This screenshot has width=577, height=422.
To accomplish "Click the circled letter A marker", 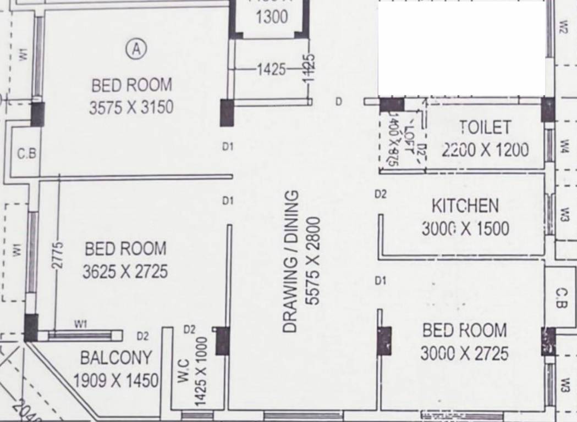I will (136, 49).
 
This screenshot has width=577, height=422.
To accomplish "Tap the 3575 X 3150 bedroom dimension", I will (131, 107).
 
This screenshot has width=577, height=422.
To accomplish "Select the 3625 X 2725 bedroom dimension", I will (125, 271).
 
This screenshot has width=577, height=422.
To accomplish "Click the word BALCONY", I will (116, 358).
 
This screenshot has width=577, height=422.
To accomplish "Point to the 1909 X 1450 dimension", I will (116, 380).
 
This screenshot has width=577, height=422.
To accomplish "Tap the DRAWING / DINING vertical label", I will (290, 262).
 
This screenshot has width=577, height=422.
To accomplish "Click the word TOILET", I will (485, 127).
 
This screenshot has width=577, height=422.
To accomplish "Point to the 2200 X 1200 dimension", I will (485, 149).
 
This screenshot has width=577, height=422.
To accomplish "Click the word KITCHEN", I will (465, 206).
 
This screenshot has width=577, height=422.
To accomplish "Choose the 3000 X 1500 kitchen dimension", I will (465, 228).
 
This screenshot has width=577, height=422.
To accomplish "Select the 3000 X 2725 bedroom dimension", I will (464, 353).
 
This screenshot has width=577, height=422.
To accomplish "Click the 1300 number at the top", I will (272, 17).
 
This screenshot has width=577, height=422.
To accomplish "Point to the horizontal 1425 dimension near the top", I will (272, 69).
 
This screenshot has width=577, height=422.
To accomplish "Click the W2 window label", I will (563, 26).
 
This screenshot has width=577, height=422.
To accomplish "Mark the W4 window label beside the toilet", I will (565, 146).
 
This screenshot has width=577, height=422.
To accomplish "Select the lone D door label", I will (338, 102).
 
